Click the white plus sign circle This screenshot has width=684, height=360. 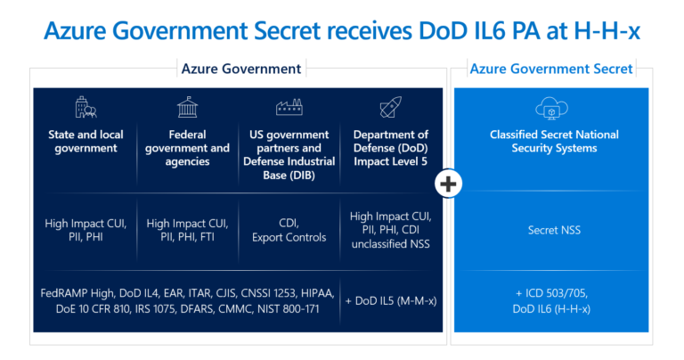click(449, 184)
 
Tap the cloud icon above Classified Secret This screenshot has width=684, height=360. click(551, 109)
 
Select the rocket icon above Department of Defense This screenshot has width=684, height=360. click(390, 109)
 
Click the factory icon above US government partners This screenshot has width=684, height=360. click(289, 109)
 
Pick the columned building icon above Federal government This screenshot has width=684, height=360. click(187, 109)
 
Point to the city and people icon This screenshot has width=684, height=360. click(86, 109)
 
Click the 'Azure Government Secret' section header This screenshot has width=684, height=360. click(551, 69)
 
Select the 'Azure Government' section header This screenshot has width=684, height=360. click(240, 69)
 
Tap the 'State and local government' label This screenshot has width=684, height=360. click(86, 142)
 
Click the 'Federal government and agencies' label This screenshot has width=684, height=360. click(187, 148)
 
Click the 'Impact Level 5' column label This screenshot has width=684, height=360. click(390, 161)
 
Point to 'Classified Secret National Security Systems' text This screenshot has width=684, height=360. click(551, 142)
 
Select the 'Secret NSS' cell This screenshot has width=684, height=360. click(551, 230)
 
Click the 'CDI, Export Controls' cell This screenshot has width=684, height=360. click(289, 231)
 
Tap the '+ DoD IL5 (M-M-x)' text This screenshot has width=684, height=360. click(388, 300)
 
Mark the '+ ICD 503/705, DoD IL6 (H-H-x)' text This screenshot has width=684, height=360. click(551, 300)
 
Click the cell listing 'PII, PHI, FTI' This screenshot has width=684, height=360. click(187, 238)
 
